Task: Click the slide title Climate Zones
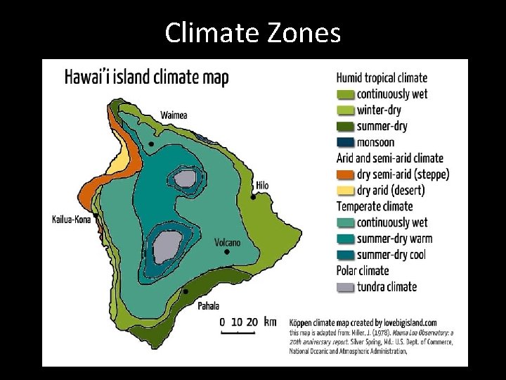click(x=252, y=32)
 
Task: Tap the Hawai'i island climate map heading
click(x=146, y=77)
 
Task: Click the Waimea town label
click(x=174, y=115)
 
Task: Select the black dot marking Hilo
click(x=253, y=197)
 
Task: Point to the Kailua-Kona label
click(x=72, y=220)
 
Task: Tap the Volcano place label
click(x=227, y=243)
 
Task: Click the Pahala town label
click(x=208, y=305)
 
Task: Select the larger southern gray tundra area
click(x=167, y=246)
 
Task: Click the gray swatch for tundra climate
click(x=345, y=287)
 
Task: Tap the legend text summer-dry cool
click(x=391, y=255)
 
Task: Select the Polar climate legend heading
click(x=362, y=271)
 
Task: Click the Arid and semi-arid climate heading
click(x=389, y=158)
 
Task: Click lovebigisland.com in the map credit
click(x=406, y=322)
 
